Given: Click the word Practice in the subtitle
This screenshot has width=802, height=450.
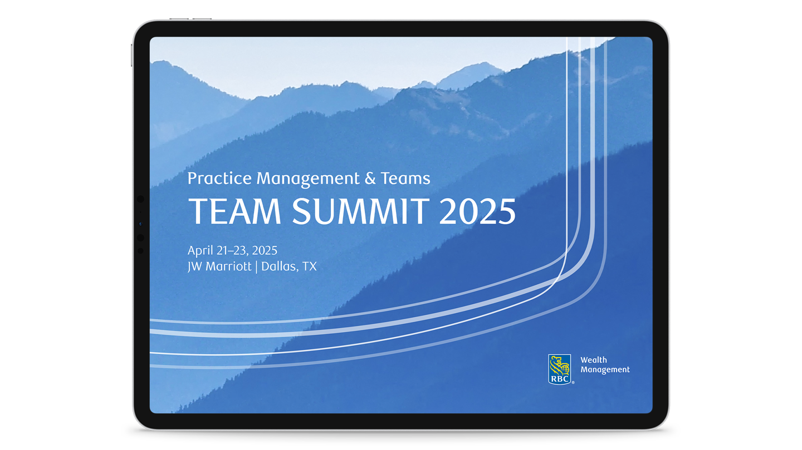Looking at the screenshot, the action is pos(219,179).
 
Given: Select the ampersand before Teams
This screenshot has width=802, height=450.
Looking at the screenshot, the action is pos(370,179).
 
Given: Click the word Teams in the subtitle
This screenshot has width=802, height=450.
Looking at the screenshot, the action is pos(405,179).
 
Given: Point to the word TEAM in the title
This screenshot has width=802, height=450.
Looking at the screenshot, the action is pos(234,211).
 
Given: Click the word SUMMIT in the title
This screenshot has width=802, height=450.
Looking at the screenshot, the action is pos(361,211).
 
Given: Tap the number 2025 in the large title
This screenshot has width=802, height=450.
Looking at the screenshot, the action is pos(477,211).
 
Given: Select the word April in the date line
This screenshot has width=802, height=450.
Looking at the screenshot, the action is pos(200,251).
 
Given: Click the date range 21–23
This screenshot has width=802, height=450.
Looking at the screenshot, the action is pos(232,251).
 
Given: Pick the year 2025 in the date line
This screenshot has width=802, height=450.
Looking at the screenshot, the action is pos(265,250).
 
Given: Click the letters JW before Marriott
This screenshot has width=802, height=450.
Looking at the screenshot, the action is pos(194,266).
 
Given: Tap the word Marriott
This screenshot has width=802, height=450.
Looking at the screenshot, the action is pos(228,266).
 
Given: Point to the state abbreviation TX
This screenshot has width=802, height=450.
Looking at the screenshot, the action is pos(310,266).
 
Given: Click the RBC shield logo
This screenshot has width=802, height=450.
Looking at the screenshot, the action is pos(560,369).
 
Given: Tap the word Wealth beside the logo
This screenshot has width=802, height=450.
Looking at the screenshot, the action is pos(594,360).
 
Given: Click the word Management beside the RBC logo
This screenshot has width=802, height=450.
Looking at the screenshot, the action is pos(605,370).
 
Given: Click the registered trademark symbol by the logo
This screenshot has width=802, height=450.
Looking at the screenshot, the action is pos(573,382).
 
